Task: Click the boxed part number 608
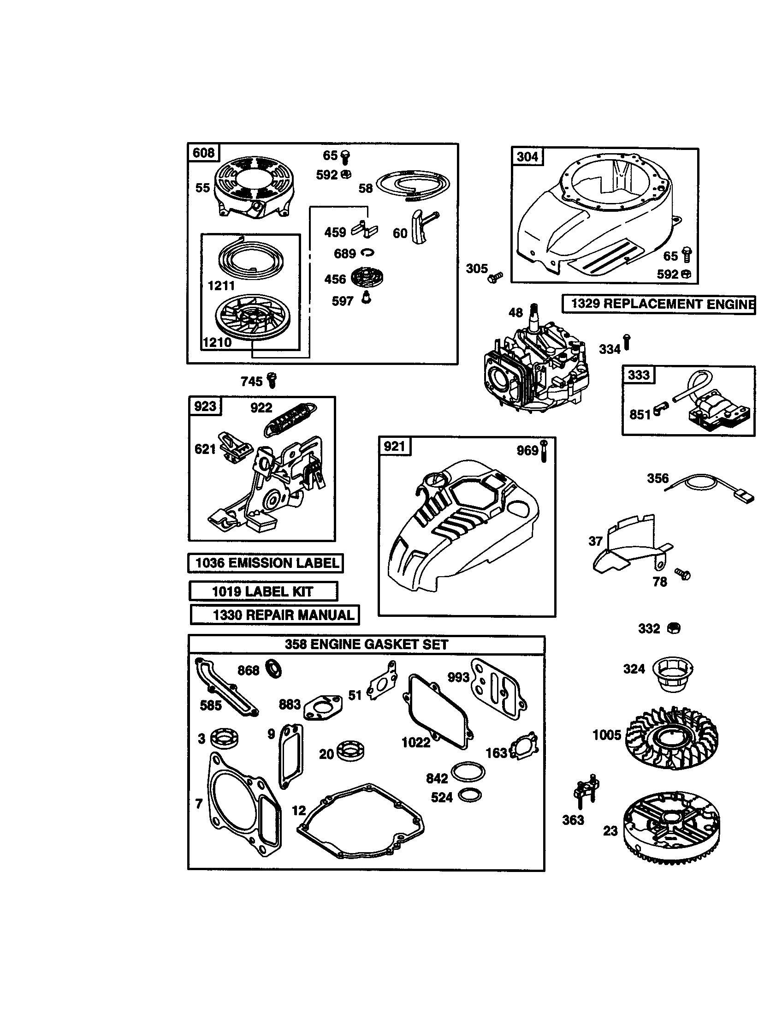203,153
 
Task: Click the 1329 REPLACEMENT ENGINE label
658,304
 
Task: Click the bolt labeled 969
545,450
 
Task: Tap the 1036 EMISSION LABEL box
266,563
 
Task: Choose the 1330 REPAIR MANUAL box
275,615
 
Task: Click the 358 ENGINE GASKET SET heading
367,645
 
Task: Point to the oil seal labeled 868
273,669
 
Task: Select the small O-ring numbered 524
469,795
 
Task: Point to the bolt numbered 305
495,277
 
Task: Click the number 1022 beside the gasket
415,743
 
